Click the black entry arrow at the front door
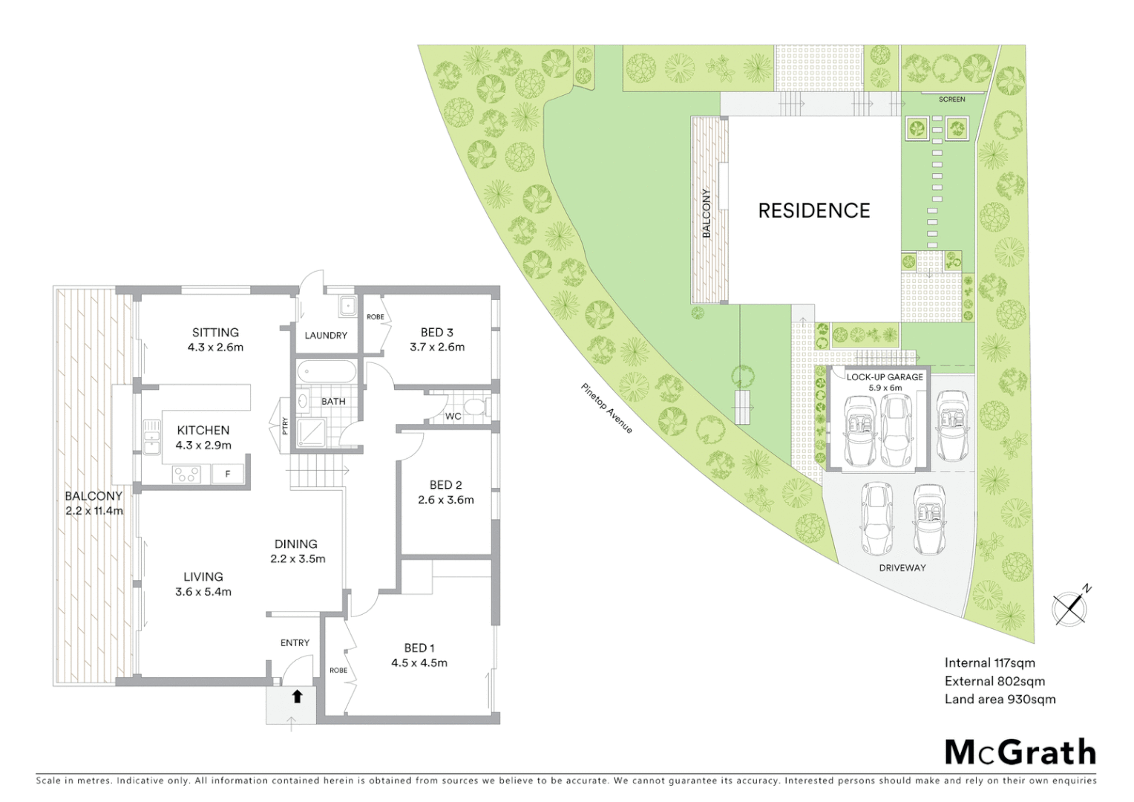pyautogui.click(x=297, y=696)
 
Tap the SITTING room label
pyautogui.click(x=215, y=333)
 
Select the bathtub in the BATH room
pyautogui.click(x=327, y=371)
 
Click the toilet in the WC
pyautogui.click(x=476, y=406)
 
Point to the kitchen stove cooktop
pyautogui.click(x=186, y=474)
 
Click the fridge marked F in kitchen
pyautogui.click(x=228, y=474)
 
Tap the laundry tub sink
pyautogui.click(x=347, y=305)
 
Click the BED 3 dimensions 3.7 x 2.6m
pyautogui.click(x=437, y=347)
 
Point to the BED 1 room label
pyautogui.click(x=419, y=648)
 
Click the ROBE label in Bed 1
pyautogui.click(x=338, y=670)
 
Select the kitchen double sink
pyautogui.click(x=152, y=437)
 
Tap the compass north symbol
pyautogui.click(x=1071, y=607)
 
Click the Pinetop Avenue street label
pyautogui.click(x=607, y=408)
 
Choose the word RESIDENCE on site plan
pyautogui.click(x=813, y=211)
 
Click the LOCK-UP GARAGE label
pyautogui.click(x=885, y=376)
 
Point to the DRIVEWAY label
pyautogui.click(x=902, y=567)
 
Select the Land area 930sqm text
pyautogui.click(x=1000, y=699)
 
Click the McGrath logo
pyautogui.click(x=1020, y=752)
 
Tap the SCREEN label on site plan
pyautogui.click(x=951, y=99)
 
